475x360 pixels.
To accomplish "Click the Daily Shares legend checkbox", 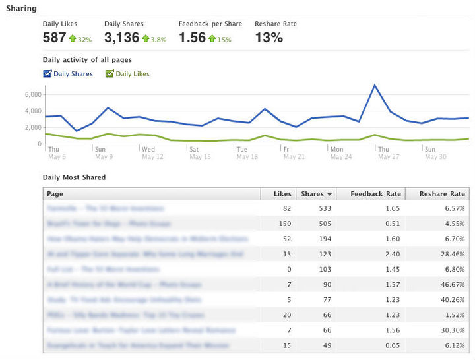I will [47, 74].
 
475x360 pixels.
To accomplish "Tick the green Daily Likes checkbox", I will [110, 74].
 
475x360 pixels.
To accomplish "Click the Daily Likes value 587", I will [54, 38].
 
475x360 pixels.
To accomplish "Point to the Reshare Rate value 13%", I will [269, 38].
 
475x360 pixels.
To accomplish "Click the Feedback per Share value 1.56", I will [192, 38].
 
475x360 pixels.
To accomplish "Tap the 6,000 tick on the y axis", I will [32, 95].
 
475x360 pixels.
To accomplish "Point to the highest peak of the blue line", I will [375, 85].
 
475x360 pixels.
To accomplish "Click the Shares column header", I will [312, 194].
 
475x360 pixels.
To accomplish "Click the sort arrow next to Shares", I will [329, 195].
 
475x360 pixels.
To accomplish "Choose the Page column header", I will [55, 194].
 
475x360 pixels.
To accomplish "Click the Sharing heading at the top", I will [21, 9].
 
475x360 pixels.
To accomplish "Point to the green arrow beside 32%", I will [72, 39].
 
